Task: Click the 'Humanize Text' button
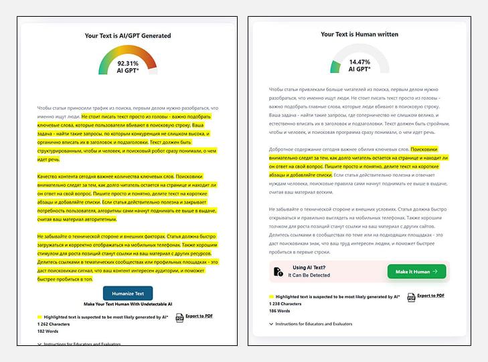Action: coord(127,292)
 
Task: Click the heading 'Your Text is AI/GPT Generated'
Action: coord(127,35)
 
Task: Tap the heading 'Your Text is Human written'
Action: coord(359,34)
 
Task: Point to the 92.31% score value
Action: coord(127,63)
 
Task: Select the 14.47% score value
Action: coord(359,62)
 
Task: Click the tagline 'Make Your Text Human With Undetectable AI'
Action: coord(127,304)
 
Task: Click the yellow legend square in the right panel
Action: coord(271,296)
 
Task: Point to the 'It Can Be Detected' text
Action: coord(309,275)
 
